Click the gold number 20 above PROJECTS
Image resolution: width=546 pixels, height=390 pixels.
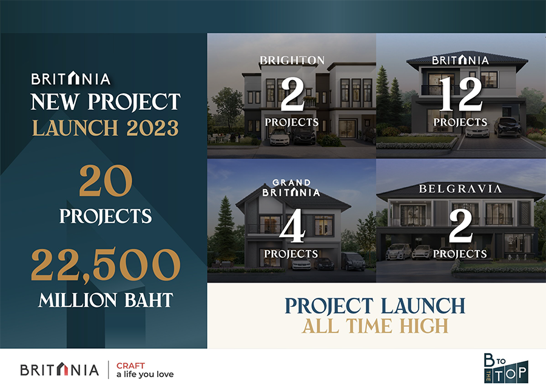tap(106, 181)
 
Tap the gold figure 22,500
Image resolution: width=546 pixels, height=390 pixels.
tap(106, 264)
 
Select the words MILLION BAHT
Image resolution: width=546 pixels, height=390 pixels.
tap(106, 300)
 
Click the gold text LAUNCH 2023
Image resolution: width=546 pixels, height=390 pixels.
tap(106, 128)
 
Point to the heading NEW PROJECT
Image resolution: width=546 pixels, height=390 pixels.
tap(106, 102)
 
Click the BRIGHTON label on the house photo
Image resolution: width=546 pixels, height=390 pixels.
tap(292, 60)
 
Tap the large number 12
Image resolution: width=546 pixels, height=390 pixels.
tap(460, 95)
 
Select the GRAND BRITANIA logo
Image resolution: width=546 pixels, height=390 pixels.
tap(291, 188)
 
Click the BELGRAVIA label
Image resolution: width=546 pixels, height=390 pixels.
tap(460, 189)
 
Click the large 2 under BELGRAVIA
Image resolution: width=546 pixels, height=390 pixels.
tap(460, 226)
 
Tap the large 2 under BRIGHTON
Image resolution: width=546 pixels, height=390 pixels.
tap(292, 95)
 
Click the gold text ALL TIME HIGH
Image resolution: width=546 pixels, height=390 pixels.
tap(375, 326)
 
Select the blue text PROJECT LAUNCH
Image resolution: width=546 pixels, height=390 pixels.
tap(375, 306)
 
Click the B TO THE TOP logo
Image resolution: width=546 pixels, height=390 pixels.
tap(506, 368)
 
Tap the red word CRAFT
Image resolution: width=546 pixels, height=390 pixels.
tap(130, 366)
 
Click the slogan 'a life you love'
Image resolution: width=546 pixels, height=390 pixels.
tap(145, 375)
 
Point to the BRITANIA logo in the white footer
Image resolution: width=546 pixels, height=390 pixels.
tap(59, 369)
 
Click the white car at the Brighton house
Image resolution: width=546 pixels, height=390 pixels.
tap(280, 138)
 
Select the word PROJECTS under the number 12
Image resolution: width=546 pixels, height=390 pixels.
tap(460, 123)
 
